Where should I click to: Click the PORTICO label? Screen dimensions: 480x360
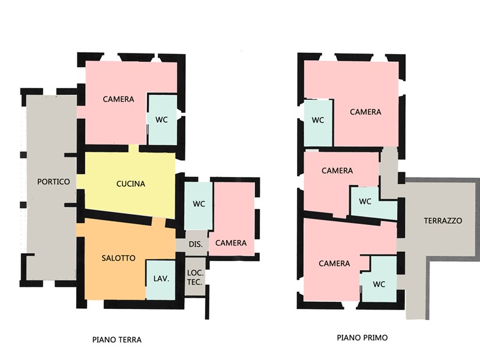(53, 182)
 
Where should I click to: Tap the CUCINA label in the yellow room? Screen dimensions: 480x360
(131, 184)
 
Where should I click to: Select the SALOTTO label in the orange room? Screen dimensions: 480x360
(118, 258)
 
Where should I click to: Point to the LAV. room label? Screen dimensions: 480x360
(161, 278)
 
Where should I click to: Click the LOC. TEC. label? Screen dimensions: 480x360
(195, 277)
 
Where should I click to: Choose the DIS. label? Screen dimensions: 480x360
(196, 244)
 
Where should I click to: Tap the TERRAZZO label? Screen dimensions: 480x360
(443, 220)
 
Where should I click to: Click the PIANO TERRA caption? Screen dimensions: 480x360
(117, 340)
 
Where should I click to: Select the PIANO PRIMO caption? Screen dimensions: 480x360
(362, 337)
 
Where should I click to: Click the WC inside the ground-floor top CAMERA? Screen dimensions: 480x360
(161, 119)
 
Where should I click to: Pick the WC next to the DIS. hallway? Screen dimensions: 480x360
(199, 204)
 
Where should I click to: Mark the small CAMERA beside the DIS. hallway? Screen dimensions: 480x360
(231, 243)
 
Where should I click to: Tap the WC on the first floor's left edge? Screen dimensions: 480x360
(318, 120)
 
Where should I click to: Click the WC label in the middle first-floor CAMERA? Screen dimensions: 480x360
(365, 202)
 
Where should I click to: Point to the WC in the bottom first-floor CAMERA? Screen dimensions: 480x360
(379, 284)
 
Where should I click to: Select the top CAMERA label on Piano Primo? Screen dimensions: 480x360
(365, 112)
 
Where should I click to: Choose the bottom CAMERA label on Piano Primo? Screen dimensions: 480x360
(334, 263)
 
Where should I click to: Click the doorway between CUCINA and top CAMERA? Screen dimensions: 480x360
(133, 148)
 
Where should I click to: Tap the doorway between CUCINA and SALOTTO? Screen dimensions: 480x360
(159, 221)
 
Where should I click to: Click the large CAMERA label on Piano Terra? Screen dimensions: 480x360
(118, 99)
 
